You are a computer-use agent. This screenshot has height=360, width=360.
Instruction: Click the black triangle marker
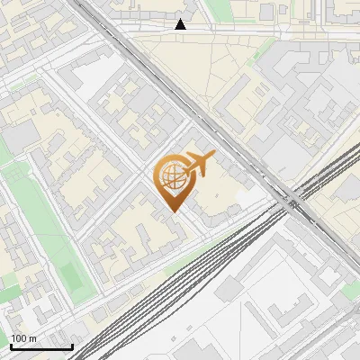tap(181, 24)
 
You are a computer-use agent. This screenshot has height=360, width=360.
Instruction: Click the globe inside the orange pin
tap(173, 176)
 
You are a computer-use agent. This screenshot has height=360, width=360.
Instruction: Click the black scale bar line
tap(41, 346)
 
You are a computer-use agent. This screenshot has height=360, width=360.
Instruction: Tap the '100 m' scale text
tap(23, 338)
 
